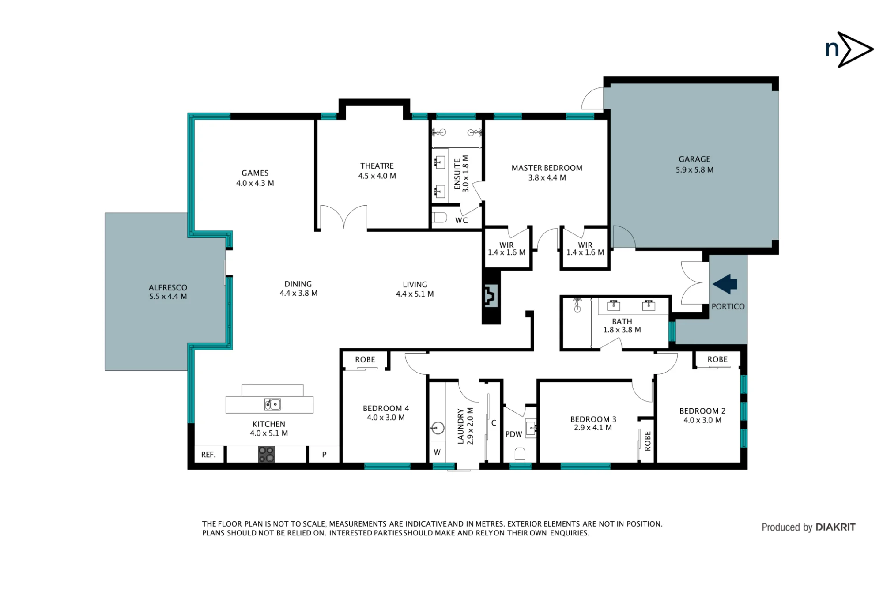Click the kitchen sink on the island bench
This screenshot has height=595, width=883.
pos(272,404)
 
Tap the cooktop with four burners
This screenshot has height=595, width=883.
pos(266,454)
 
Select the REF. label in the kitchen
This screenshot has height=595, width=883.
pos(208,455)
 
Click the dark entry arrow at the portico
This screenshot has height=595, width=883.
pos(725,284)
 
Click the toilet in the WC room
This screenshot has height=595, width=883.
pos(440,217)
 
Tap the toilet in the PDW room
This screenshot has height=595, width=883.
pos(520,454)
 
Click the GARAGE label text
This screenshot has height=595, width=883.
pos(694,159)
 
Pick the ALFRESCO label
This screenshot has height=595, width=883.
pos(168,287)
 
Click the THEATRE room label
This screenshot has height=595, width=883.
pos(377,166)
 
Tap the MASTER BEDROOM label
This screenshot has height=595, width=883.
pos(547,168)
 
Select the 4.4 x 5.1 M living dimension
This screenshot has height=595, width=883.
pos(415,294)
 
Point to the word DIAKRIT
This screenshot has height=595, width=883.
pos(836,527)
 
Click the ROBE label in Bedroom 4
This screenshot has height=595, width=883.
pos(365,360)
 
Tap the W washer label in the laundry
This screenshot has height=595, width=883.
pos(437,452)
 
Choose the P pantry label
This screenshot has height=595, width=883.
pos(324,455)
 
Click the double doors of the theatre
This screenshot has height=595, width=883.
pos(344,217)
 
